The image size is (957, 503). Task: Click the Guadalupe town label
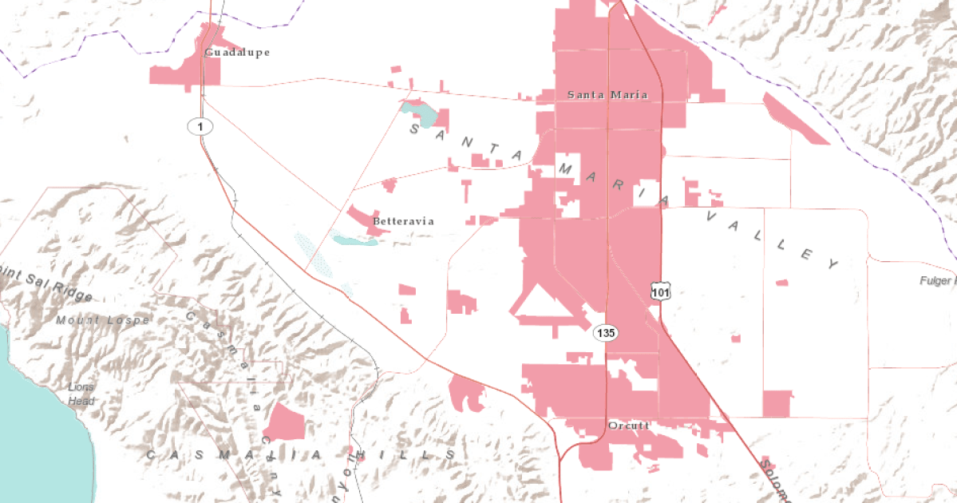[x=236, y=53]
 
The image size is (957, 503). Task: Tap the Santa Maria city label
[x=607, y=94]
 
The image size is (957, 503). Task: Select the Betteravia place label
[x=403, y=221]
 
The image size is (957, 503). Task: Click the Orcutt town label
[x=629, y=426]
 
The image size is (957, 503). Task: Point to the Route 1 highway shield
[x=200, y=125]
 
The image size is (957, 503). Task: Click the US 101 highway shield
[x=659, y=291]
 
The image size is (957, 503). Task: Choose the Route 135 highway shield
[x=606, y=332]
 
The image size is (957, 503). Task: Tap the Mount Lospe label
[x=102, y=320]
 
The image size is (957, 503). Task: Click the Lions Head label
[x=81, y=394]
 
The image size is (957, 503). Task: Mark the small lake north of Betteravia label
[x=421, y=114]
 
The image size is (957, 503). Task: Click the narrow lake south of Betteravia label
[x=353, y=240]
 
